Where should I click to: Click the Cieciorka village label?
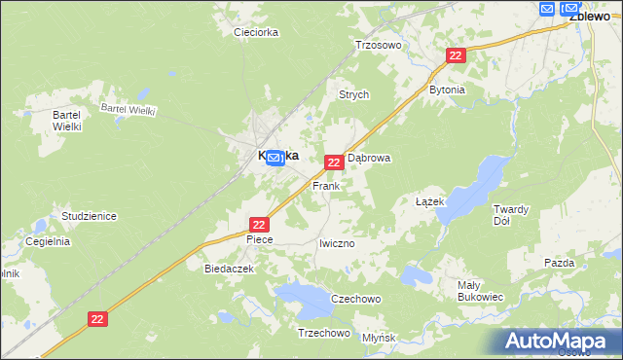point(256,32)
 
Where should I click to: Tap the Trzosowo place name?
point(379,45)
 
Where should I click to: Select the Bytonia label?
point(447,90)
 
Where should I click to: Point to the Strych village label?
point(352,94)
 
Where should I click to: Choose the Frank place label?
point(325,185)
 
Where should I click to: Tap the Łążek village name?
point(429,201)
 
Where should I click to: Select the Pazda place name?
point(560,263)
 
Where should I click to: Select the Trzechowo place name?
point(323,333)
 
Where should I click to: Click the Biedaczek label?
point(229,268)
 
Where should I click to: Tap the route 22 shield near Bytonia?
point(455,56)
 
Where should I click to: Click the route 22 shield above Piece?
point(258,224)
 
